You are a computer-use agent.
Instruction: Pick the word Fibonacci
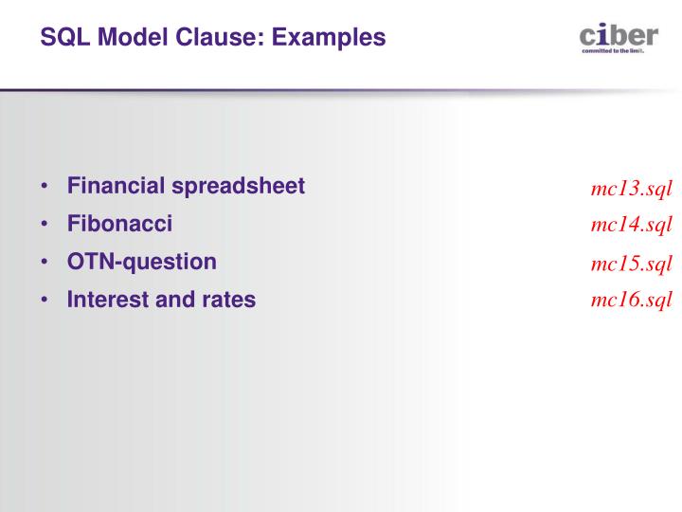click(x=119, y=225)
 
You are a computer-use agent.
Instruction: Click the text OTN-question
click(x=141, y=262)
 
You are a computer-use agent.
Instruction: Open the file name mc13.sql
click(x=631, y=188)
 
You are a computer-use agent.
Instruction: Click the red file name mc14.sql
click(x=631, y=225)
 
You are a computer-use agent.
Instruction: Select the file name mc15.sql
click(x=631, y=263)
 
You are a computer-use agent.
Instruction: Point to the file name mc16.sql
click(x=631, y=300)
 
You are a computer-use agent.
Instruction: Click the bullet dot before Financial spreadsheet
click(x=45, y=187)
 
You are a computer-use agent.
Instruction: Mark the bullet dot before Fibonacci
click(x=45, y=225)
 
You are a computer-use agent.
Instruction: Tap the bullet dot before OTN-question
click(x=45, y=263)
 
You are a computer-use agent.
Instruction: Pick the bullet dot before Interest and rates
click(x=45, y=301)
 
